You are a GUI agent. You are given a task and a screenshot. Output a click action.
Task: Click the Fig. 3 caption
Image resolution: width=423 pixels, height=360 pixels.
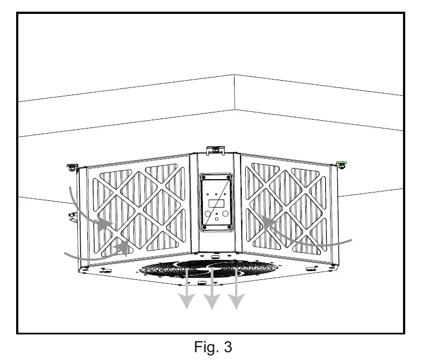[213, 347]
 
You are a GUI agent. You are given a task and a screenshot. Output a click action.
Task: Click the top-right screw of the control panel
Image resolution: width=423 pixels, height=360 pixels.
[227, 179]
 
